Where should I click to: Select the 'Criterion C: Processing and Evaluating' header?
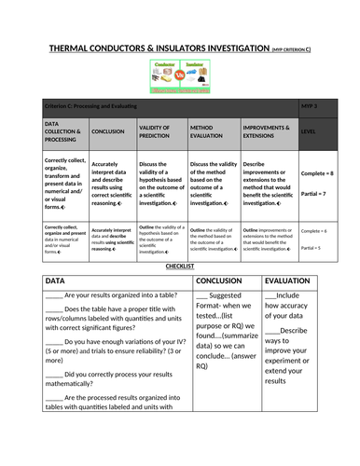(96, 108)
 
